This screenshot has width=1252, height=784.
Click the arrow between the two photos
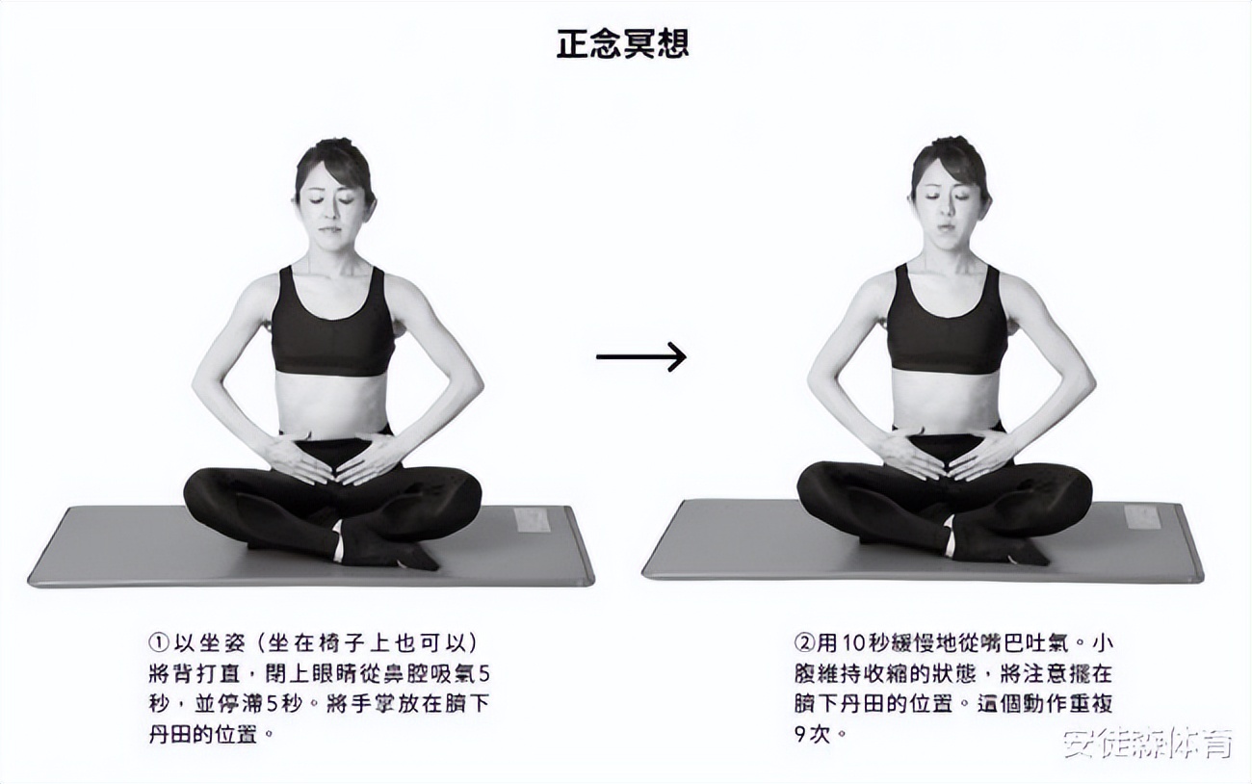click(x=640, y=356)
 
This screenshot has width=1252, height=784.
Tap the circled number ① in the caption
click(x=159, y=642)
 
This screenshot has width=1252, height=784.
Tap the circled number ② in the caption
click(x=803, y=642)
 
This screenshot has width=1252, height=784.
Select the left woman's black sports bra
click(x=332, y=327)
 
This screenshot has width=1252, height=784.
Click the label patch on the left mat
click(x=532, y=520)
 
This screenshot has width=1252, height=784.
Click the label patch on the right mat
click(x=1142, y=516)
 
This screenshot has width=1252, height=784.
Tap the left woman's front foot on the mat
click(x=385, y=552)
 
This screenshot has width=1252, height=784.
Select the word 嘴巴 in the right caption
click(x=1001, y=642)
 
